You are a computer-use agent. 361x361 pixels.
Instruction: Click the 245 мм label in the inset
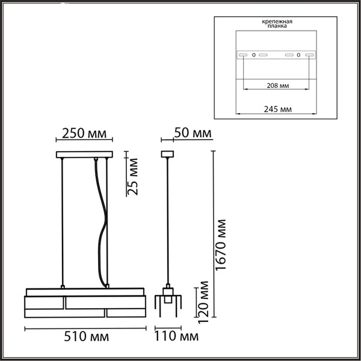277,109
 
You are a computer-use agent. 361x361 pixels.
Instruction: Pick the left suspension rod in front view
63,223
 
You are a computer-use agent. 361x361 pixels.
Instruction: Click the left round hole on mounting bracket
254,55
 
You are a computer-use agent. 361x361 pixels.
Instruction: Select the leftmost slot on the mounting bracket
242,55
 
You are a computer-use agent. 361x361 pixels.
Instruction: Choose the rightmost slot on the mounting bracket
310,55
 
